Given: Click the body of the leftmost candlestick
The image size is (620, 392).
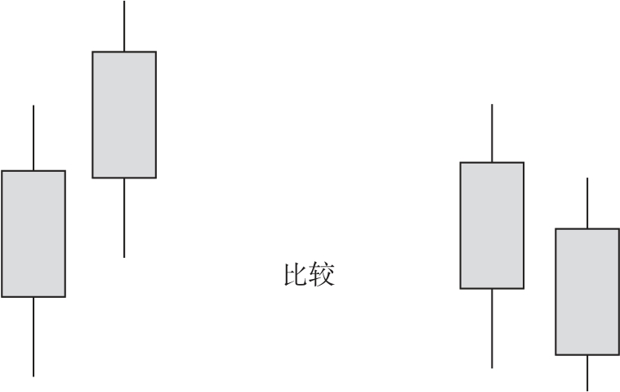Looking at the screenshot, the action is (33, 233).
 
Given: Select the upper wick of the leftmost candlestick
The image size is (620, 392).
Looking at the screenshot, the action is (33, 137).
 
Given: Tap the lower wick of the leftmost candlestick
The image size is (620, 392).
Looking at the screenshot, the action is (33, 336).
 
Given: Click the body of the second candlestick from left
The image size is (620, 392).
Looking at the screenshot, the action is (124, 115).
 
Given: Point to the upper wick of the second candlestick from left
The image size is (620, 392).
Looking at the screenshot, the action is (124, 26).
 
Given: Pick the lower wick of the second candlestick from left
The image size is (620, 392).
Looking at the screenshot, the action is (124, 218).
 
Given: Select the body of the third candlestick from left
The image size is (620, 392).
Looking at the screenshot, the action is (492, 225).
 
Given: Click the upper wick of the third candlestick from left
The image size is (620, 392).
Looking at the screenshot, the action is (492, 133).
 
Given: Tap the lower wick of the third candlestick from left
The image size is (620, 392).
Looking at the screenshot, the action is (492, 329).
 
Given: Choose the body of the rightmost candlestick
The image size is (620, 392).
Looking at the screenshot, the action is (587, 292).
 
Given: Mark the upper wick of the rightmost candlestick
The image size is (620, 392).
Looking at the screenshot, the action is (587, 203).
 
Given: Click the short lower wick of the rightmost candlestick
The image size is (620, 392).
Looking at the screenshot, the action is (587, 373).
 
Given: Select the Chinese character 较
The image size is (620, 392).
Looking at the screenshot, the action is (322, 274).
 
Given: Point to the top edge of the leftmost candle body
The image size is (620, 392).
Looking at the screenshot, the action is (33, 171).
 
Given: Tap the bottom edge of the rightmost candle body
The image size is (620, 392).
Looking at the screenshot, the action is (587, 355).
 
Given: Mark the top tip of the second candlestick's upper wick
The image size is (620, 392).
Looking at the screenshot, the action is (124, 1).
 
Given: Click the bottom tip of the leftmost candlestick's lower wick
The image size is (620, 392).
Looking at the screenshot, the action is (33, 376).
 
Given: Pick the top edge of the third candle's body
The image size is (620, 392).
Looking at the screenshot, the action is (492, 162).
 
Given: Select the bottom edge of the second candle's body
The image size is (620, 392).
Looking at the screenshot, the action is (124, 178).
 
